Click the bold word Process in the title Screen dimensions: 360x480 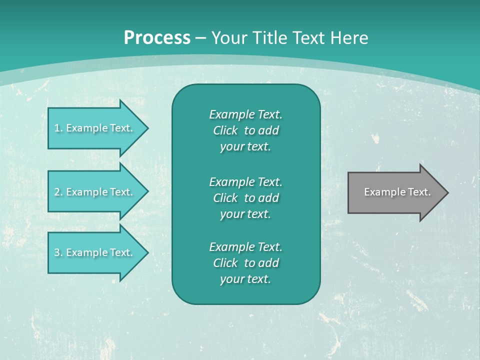(157, 38)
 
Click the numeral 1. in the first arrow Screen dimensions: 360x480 (58, 128)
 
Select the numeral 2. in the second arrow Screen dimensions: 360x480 (58, 192)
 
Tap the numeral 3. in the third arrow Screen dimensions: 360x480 (58, 252)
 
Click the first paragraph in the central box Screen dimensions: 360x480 (245, 130)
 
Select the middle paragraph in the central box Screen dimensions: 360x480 (245, 197)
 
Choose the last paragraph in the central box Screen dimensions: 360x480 (245, 263)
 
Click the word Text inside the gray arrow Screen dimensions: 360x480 (420, 192)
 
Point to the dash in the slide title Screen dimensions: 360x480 (200, 38)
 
